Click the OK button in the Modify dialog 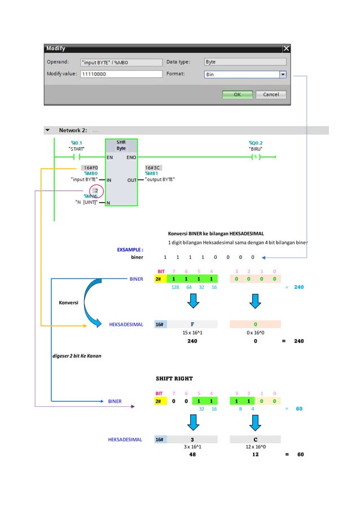237,94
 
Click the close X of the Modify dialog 286,49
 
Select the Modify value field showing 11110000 120,74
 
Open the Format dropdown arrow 283,74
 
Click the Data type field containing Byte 244,62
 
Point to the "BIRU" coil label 256,148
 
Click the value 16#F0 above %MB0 90,168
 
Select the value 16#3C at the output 153,168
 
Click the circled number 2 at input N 96,191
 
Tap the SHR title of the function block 121,142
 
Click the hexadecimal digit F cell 192,324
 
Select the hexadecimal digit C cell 255,439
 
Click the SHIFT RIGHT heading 174,378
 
